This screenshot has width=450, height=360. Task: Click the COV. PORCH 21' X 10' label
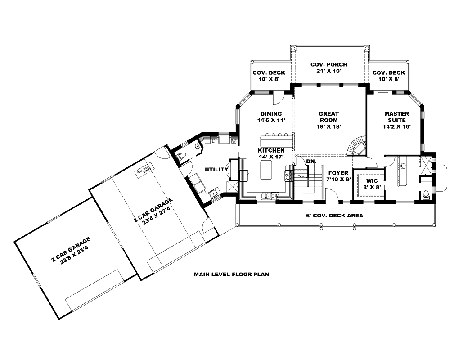(x=329, y=68)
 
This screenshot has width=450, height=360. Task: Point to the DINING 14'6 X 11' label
(x=270, y=117)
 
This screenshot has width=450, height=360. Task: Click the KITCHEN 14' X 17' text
(x=271, y=153)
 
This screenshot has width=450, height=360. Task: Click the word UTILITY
(x=214, y=170)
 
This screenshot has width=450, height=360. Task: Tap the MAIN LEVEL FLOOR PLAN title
(x=231, y=274)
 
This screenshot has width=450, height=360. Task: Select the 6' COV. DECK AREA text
(x=335, y=216)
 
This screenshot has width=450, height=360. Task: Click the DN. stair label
(x=310, y=161)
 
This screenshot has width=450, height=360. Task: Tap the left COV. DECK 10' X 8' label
(x=269, y=76)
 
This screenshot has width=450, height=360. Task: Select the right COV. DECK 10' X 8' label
(x=389, y=76)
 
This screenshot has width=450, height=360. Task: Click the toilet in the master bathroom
(x=426, y=194)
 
